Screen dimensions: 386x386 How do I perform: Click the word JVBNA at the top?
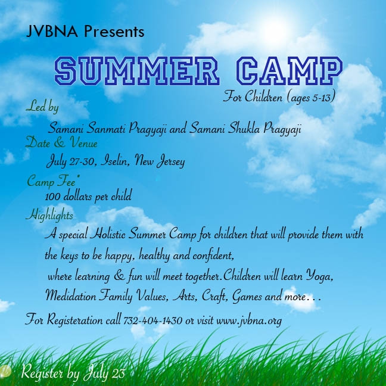click(52, 31)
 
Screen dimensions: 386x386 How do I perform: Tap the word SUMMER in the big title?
click(136, 70)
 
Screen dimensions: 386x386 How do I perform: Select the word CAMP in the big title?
click(289, 70)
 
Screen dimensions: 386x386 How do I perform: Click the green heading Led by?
click(42, 107)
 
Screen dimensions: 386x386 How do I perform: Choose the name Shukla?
click(244, 129)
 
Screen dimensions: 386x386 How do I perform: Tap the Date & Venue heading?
click(61, 142)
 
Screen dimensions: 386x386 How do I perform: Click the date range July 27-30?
click(71, 161)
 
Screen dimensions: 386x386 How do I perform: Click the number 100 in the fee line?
click(52, 197)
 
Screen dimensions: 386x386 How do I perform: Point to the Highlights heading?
click(49, 215)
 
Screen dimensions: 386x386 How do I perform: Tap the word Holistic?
click(107, 234)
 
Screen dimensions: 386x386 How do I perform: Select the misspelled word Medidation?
click(71, 295)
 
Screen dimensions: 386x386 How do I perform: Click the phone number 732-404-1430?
click(152, 320)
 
